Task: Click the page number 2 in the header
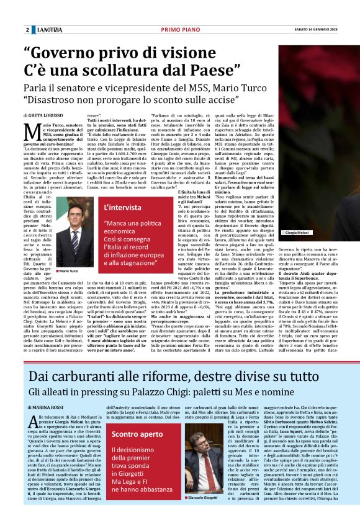click(x=27, y=30)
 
